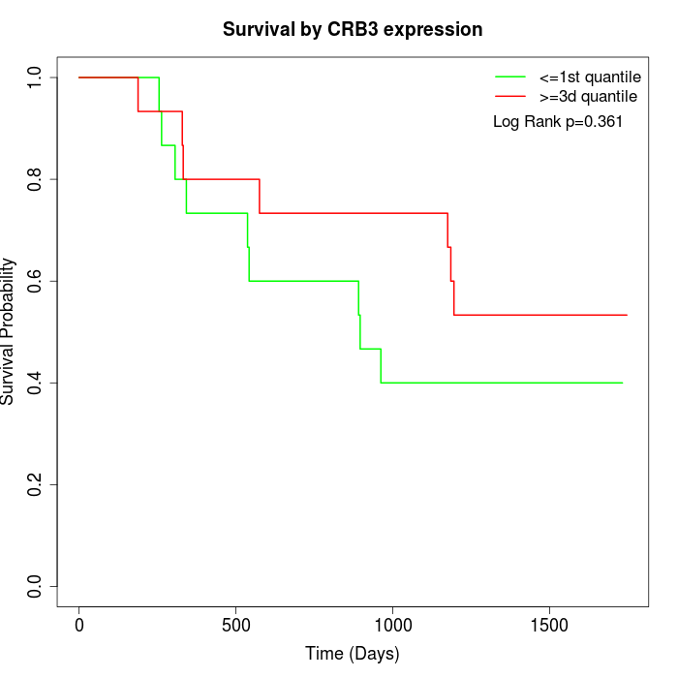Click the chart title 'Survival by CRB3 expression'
click(353, 29)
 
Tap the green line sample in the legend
click(510, 77)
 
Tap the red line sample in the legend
click(510, 96)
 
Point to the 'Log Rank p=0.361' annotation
click(558, 122)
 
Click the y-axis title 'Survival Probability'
click(9, 331)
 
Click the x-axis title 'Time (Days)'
click(353, 654)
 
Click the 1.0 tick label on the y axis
click(35, 77)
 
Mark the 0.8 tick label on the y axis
click(35, 179)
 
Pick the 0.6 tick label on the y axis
click(35, 281)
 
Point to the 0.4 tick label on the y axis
click(35, 383)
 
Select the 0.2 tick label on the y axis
click(35, 484)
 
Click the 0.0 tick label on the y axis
click(35, 586)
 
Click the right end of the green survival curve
click(622, 383)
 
